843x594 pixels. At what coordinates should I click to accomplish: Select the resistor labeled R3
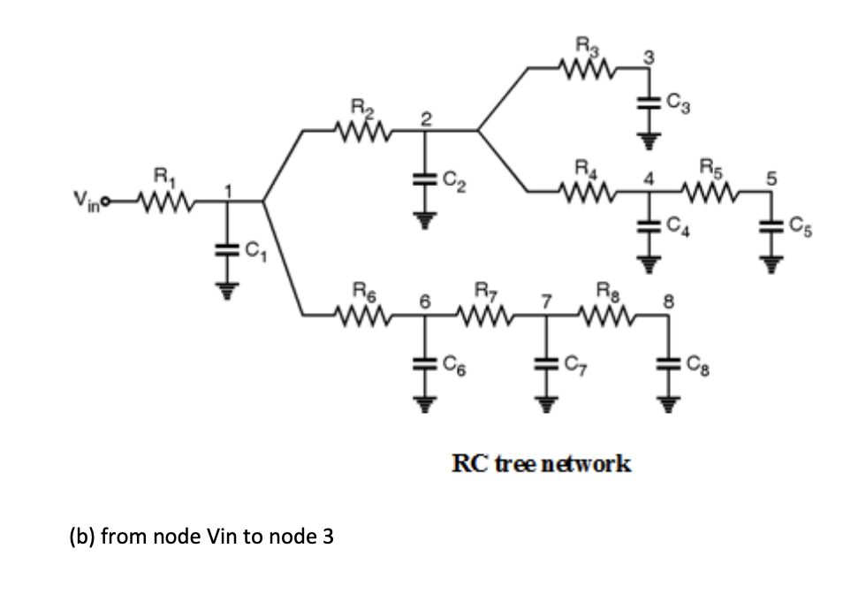587,65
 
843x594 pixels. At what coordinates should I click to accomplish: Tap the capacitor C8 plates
667,362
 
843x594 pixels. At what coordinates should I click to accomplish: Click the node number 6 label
423,301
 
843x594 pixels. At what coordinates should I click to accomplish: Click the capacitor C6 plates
425,362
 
